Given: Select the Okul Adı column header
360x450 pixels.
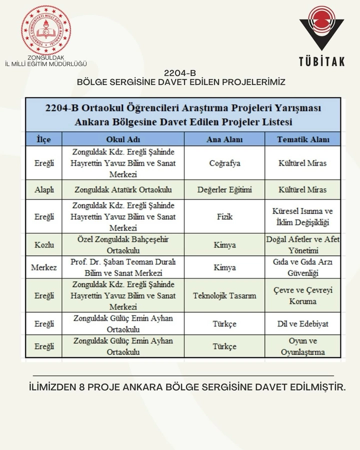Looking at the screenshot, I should [122, 139].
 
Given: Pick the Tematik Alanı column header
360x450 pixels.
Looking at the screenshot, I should [302, 139].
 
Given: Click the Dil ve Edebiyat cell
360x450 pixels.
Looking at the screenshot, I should [302, 323].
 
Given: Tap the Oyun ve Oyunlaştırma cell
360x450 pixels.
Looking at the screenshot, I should [302, 346].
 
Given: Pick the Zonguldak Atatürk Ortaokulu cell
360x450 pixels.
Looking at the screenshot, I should [122, 189].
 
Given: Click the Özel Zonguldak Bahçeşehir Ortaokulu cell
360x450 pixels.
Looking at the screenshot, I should [122, 245].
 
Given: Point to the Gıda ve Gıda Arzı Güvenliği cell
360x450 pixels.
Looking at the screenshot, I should [302, 267].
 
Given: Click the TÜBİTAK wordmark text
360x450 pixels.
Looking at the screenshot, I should [321, 61].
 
